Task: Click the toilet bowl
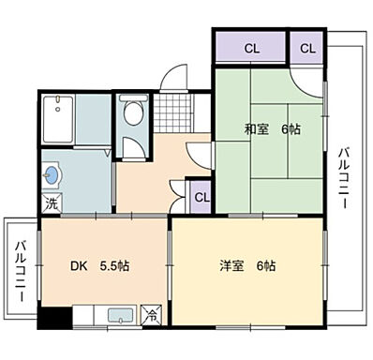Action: point(133,116)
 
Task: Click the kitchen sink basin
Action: point(119,316)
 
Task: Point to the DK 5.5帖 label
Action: point(97,265)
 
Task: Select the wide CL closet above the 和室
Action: point(250,45)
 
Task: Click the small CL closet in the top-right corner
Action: point(306,45)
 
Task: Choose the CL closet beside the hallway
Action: point(200,197)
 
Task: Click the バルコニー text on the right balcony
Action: point(345,178)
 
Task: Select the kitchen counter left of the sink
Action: point(85,317)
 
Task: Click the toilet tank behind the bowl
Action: point(133,100)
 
